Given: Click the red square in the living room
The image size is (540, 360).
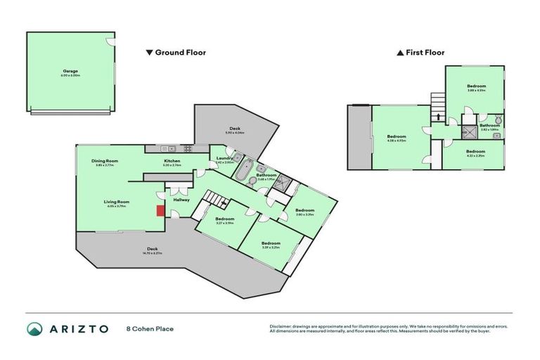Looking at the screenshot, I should point(160,210).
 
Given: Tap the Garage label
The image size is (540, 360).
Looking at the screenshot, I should point(70,71).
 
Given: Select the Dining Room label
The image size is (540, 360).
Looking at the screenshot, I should point(105,161).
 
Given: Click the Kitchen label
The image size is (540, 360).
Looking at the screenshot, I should point(173,161).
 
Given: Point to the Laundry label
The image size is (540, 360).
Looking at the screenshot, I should point(224,158).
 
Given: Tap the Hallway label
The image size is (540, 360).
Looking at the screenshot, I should point(181,199).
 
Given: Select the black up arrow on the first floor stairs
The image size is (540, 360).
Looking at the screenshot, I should point(438,117).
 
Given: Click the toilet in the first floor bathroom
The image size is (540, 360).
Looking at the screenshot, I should point(499,119).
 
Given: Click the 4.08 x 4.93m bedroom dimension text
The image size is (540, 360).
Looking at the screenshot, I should point(397,141).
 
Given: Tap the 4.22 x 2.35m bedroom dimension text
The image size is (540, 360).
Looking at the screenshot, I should point(476,155).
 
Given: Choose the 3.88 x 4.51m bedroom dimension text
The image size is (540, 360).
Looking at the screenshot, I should point(477,90).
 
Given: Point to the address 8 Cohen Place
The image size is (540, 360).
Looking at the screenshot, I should point(150,329).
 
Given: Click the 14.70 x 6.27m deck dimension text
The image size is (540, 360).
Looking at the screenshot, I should point(153,252).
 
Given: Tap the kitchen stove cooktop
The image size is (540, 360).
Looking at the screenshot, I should point(188,148).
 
